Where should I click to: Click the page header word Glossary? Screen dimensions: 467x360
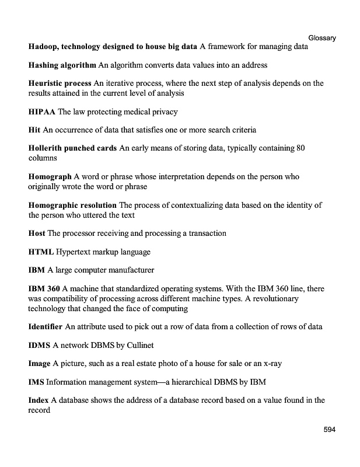(322, 38)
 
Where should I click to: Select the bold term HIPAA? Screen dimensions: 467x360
(41, 111)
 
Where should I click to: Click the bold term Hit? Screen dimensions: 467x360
(34, 130)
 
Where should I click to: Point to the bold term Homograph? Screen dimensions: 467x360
(50, 176)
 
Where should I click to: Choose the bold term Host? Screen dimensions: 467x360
(36, 233)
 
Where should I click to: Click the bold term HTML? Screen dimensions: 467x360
(41, 252)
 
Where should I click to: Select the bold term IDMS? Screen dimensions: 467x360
(39, 345)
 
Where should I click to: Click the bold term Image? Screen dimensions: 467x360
(39, 363)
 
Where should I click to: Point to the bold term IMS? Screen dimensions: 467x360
(36, 382)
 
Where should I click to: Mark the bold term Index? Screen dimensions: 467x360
(38, 400)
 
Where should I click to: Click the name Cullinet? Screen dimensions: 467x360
(140, 345)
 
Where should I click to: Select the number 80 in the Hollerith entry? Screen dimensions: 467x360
(300, 148)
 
